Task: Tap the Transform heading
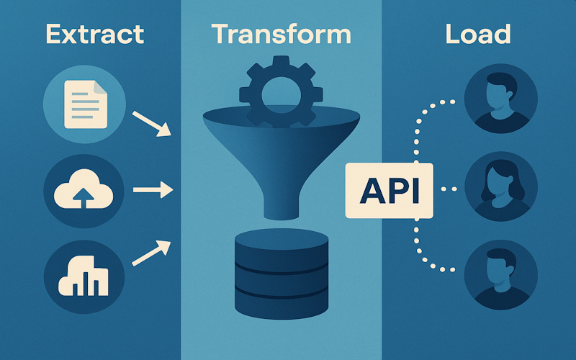[x=282, y=34]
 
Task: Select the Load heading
[x=478, y=34]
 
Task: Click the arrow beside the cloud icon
[x=153, y=191]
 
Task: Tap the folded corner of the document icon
[x=99, y=88]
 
